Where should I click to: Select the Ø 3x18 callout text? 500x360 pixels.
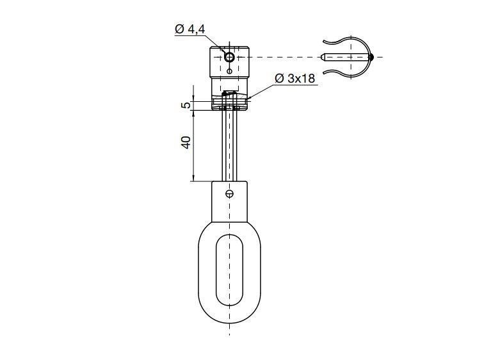tap(295, 78)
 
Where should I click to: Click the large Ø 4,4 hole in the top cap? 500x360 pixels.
tap(230, 58)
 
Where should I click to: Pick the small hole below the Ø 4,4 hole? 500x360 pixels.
tap(230, 71)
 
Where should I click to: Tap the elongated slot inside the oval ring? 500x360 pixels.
tap(230, 269)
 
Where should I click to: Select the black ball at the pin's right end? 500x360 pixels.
tap(371, 58)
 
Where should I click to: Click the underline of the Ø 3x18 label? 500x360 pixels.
tap(295, 85)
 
